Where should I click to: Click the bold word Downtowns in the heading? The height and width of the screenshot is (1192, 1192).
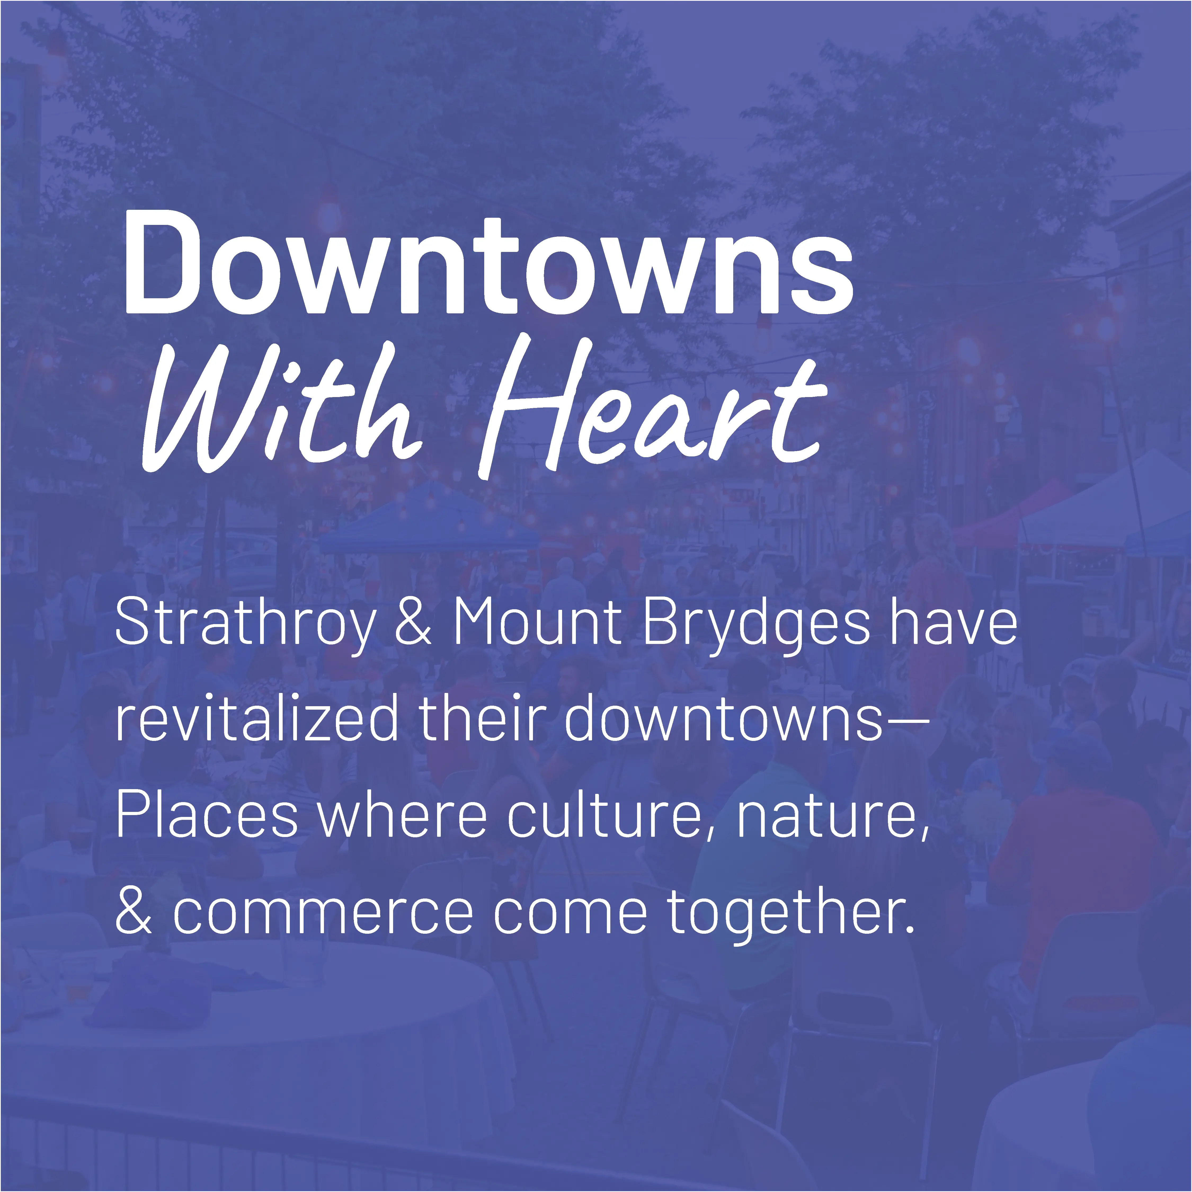[487, 265]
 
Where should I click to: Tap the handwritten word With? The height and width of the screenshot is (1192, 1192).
[281, 410]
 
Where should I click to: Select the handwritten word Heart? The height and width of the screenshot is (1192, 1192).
[654, 410]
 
